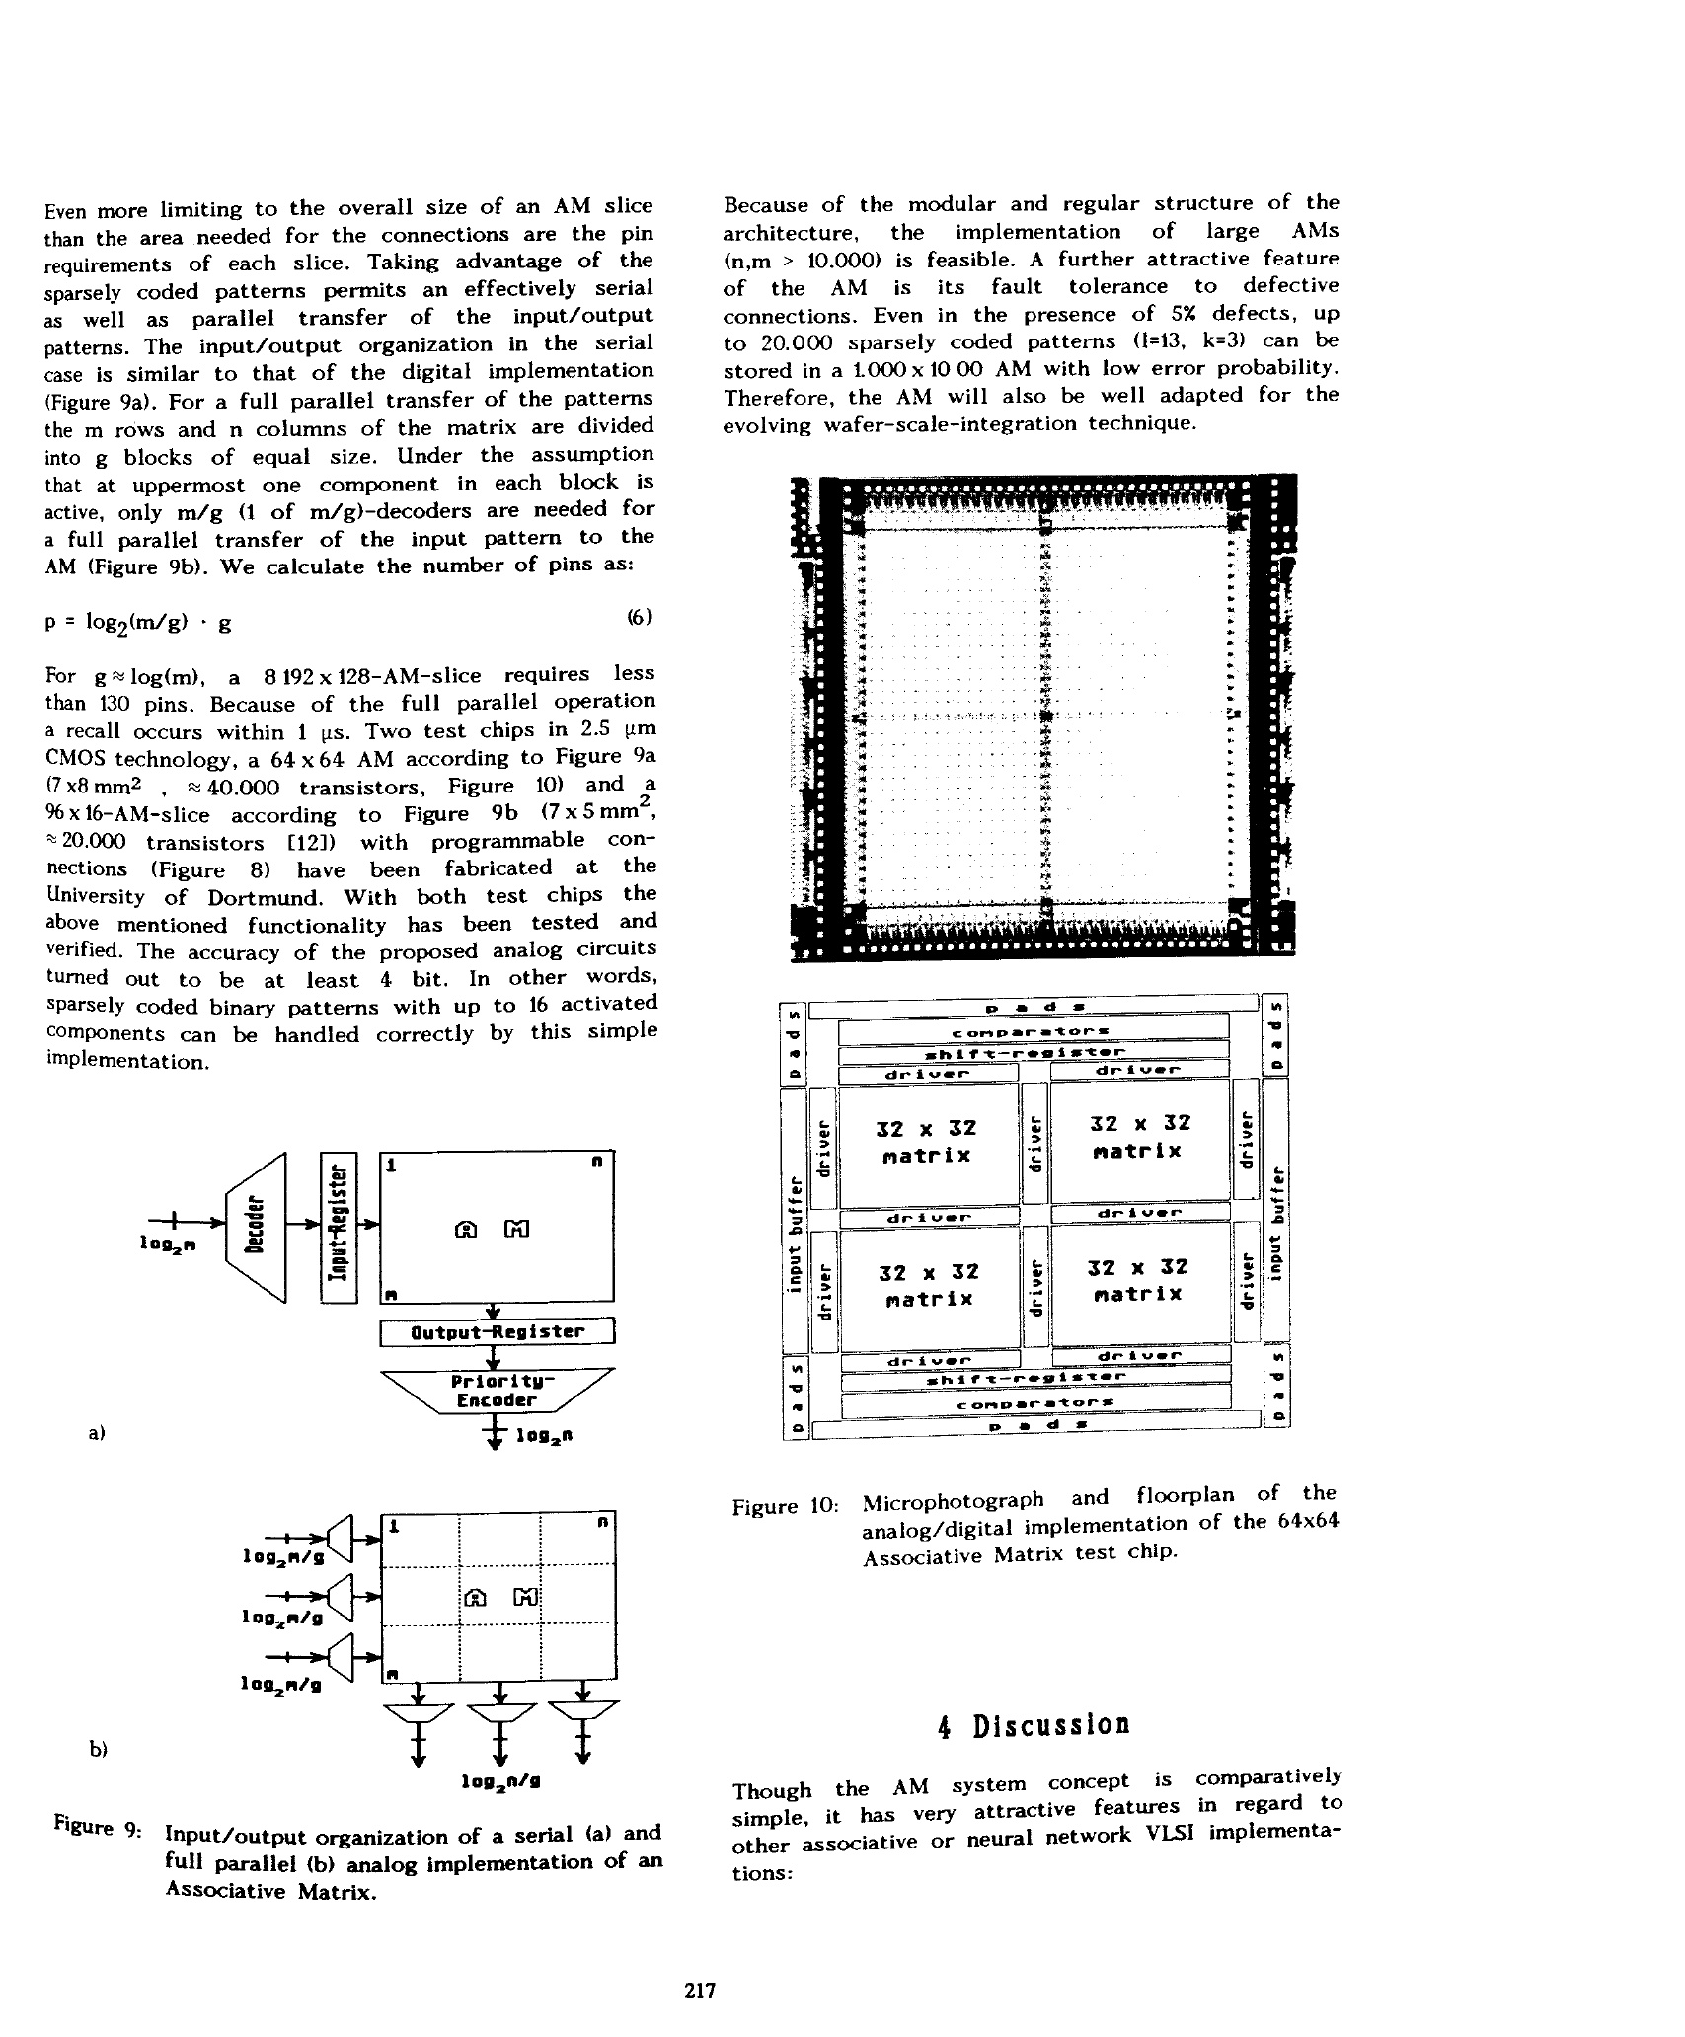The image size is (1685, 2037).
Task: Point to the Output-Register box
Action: pyautogui.click(x=497, y=1332)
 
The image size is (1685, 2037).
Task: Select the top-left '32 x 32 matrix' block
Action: pyautogui.click(x=926, y=1142)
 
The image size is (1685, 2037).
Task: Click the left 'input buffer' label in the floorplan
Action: pyautogui.click(x=793, y=1224)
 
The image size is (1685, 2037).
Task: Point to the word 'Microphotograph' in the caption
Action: pyautogui.click(x=953, y=1500)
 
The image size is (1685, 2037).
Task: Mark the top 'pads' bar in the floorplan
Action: pyautogui.click(x=1033, y=1006)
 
